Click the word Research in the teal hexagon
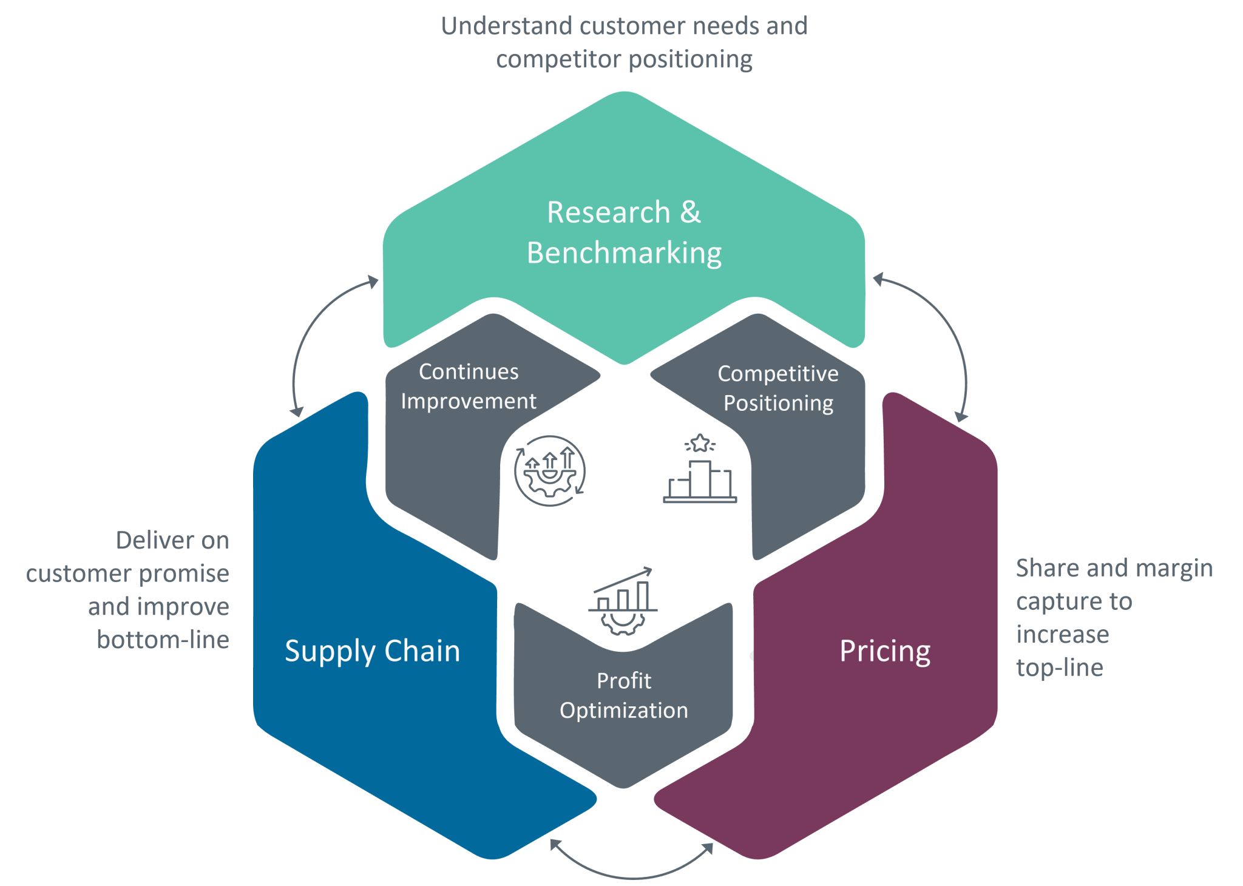tap(609, 212)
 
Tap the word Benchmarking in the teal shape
tap(624, 253)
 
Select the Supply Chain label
tap(372, 651)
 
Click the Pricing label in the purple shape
tap(884, 651)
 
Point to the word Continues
tap(469, 371)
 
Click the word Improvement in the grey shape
tap(469, 401)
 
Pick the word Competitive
tap(777, 374)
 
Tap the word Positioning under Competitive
tap(778, 404)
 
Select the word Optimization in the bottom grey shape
tap(623, 710)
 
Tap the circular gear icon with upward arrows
tap(550, 470)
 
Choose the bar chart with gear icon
tap(623, 601)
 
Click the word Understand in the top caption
tap(507, 26)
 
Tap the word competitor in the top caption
tap(558, 59)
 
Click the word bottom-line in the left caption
tap(163, 640)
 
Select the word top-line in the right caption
tap(1059, 668)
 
